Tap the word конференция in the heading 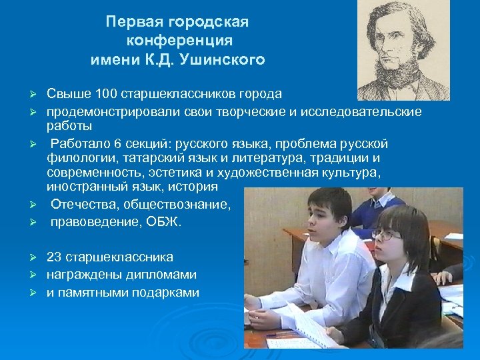click(x=177, y=41)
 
